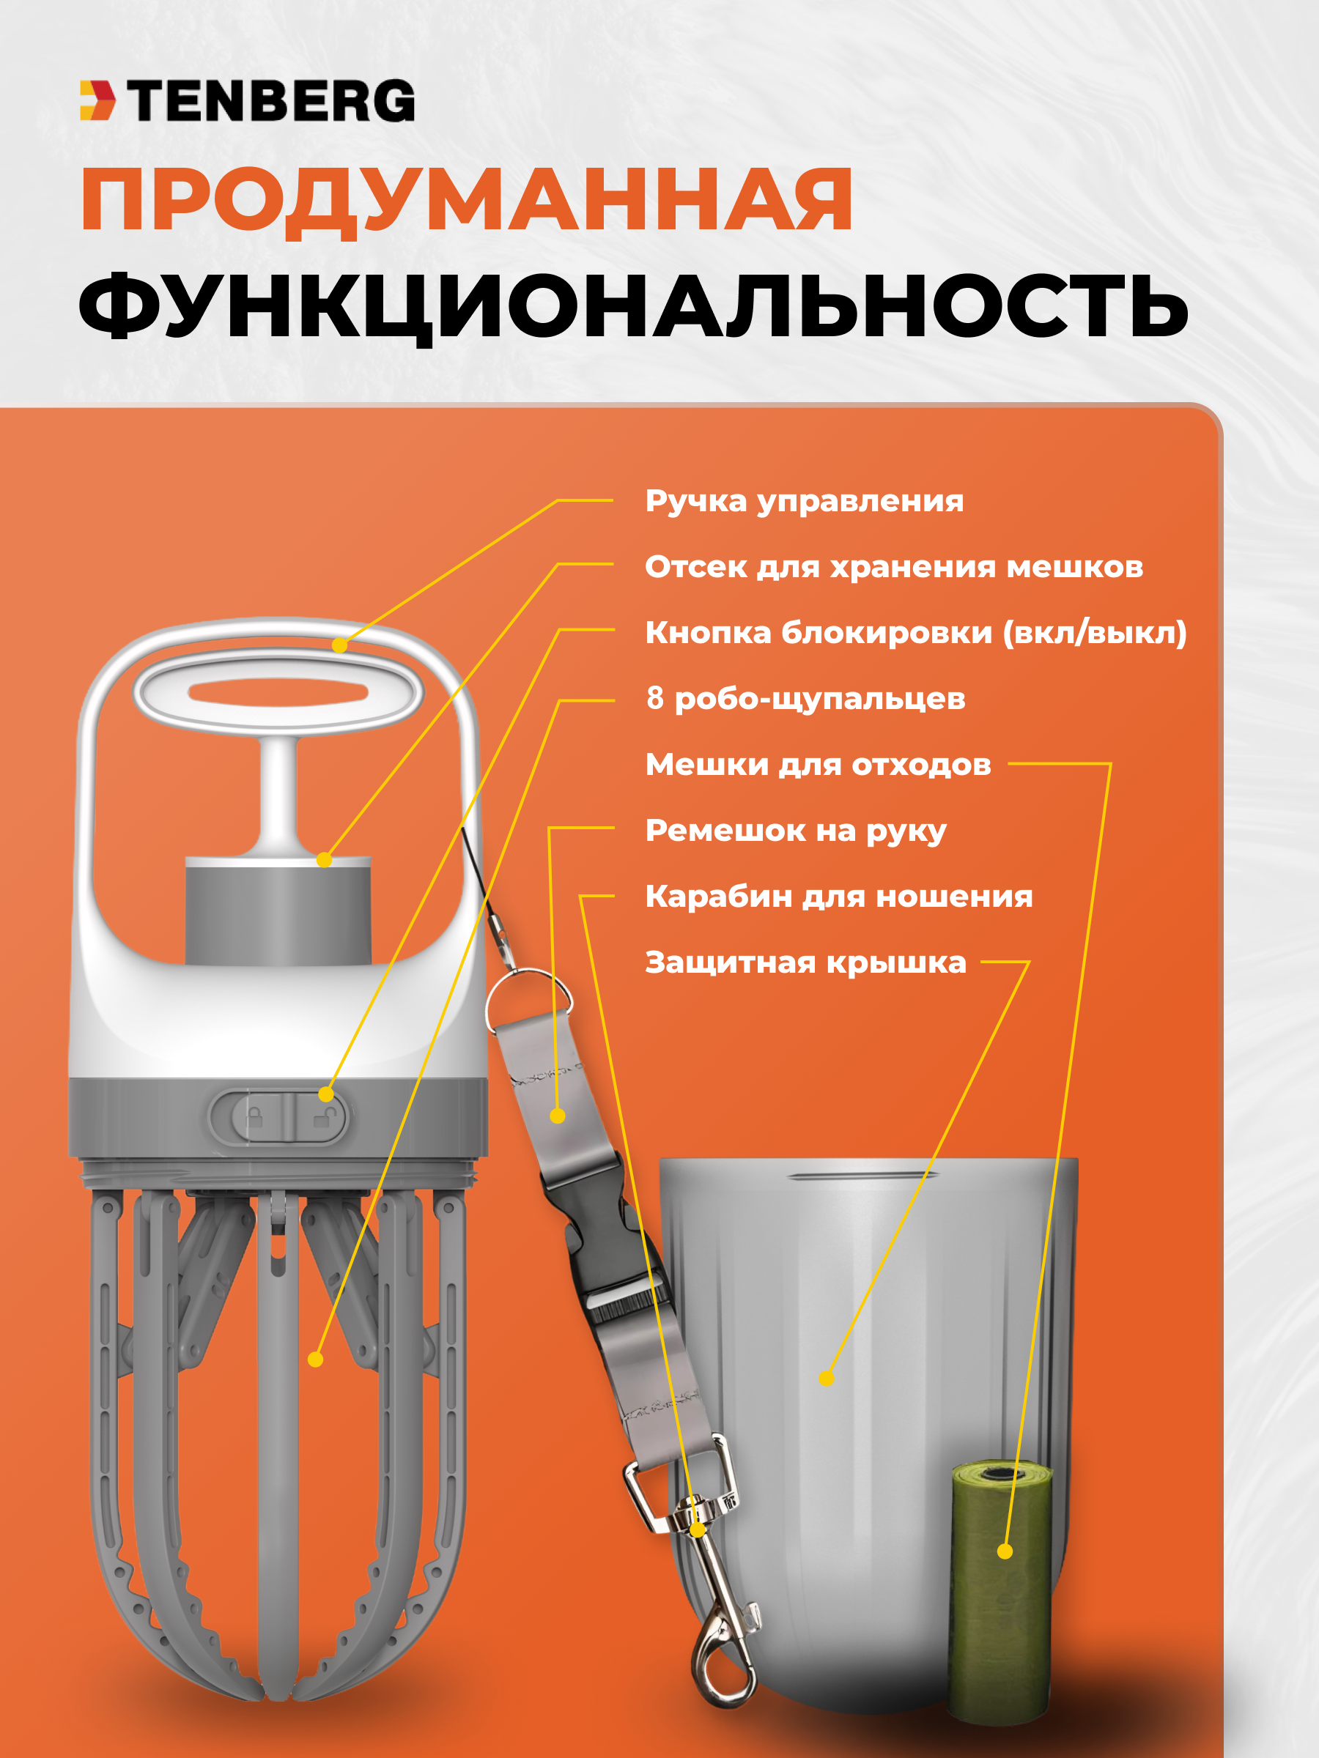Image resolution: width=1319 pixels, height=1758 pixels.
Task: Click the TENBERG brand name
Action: (271, 101)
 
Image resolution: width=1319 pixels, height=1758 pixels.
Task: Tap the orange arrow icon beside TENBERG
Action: (97, 101)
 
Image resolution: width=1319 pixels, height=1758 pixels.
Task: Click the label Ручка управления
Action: (804, 502)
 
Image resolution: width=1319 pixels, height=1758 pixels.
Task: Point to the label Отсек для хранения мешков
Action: (894, 568)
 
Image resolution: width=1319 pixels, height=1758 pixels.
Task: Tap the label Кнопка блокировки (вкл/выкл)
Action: (916, 634)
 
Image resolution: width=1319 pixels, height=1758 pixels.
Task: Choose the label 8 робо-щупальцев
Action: (805, 700)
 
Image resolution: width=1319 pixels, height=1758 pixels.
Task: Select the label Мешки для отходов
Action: (818, 765)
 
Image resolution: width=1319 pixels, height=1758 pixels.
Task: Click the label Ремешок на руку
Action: (796, 831)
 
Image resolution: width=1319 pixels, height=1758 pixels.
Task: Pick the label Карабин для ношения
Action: (839, 897)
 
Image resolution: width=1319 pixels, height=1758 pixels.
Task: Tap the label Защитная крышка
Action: (805, 963)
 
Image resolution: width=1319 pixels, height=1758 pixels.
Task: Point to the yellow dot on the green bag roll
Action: (1005, 1551)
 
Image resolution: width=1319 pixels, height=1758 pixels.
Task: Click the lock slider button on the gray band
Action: (278, 1116)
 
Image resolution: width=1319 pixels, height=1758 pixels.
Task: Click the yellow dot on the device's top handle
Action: (339, 645)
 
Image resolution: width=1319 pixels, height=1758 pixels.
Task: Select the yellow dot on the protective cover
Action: (827, 1378)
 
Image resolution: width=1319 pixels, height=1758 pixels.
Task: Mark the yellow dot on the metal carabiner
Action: (698, 1528)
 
